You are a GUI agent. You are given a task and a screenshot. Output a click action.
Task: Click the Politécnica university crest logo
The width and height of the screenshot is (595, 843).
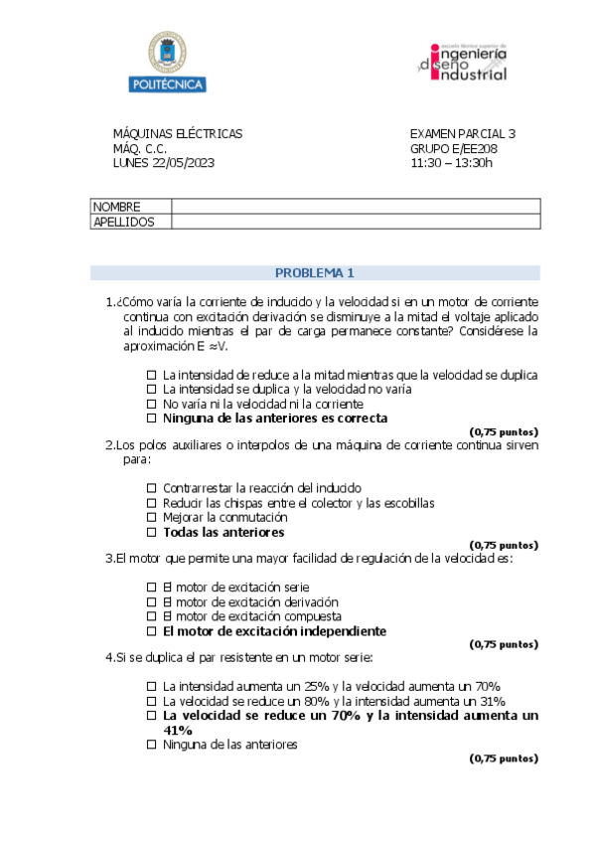[x=166, y=61]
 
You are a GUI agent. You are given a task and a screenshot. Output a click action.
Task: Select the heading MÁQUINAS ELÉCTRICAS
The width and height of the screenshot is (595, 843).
[x=177, y=134]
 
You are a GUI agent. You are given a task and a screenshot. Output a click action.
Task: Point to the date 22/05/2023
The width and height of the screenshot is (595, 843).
[x=184, y=163]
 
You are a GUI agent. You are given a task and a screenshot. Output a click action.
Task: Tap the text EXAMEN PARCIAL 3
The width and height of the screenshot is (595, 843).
[x=462, y=134]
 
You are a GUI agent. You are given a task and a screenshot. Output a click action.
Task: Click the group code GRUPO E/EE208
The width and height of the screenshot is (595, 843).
[x=453, y=149]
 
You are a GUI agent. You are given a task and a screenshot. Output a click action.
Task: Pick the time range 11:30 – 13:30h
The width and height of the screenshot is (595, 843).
[x=451, y=163]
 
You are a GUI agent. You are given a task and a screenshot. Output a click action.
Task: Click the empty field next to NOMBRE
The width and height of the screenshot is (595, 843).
[x=355, y=207]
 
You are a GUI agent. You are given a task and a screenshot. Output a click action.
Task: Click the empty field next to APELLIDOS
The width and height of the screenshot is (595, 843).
[x=355, y=222]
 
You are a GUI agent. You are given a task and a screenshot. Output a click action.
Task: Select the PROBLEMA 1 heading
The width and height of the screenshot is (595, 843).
[x=314, y=272]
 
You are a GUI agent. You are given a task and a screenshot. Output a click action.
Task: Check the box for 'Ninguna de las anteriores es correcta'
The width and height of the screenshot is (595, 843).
[x=152, y=419]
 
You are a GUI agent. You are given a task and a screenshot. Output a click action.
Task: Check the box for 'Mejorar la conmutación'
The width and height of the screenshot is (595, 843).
[x=152, y=518]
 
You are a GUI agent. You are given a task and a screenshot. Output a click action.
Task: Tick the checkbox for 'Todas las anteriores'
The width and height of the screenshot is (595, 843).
[x=152, y=533]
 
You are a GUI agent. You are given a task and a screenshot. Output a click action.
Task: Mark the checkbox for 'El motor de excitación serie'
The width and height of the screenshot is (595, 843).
[x=152, y=587]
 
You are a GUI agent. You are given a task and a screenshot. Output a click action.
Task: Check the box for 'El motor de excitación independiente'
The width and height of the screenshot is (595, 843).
[x=152, y=631]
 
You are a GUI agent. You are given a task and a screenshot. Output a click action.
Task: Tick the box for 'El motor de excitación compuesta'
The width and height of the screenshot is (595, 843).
[x=152, y=616]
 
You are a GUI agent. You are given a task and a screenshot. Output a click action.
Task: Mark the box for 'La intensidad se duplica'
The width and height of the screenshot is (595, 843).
[x=152, y=390]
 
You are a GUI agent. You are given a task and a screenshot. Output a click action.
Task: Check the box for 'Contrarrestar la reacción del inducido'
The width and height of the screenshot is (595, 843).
[x=152, y=488]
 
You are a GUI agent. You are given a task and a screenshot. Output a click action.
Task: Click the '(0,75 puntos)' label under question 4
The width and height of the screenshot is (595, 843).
[x=503, y=759]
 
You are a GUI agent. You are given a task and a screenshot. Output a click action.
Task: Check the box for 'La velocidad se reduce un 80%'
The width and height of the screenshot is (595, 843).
[x=152, y=701]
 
